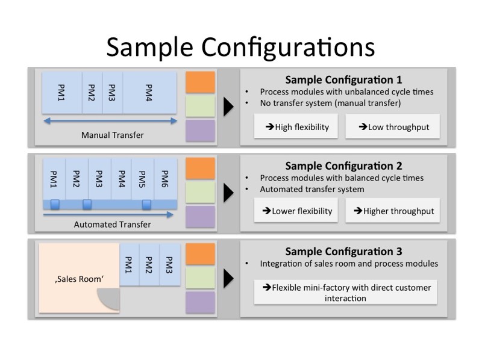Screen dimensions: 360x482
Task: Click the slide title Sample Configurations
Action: tap(240, 46)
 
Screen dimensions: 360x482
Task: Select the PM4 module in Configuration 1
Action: tap(149, 93)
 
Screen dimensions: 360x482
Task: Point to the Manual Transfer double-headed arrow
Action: tap(110, 121)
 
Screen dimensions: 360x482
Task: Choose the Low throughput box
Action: tap(392, 127)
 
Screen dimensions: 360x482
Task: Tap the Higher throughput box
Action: tap(392, 211)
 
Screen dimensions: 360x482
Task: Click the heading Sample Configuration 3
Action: tap(343, 252)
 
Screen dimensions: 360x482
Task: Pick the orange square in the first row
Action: tap(200, 82)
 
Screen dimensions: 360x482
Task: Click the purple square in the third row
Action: tap(200, 302)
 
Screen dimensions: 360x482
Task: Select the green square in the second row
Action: tap(200, 193)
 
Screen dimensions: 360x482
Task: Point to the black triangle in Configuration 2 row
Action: tap(228, 193)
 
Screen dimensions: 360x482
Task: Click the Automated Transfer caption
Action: tap(112, 225)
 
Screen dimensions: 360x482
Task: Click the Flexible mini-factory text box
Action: tap(345, 293)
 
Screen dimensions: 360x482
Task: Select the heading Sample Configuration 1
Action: tap(343, 79)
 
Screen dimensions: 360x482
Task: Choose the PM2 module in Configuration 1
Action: tap(92, 93)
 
